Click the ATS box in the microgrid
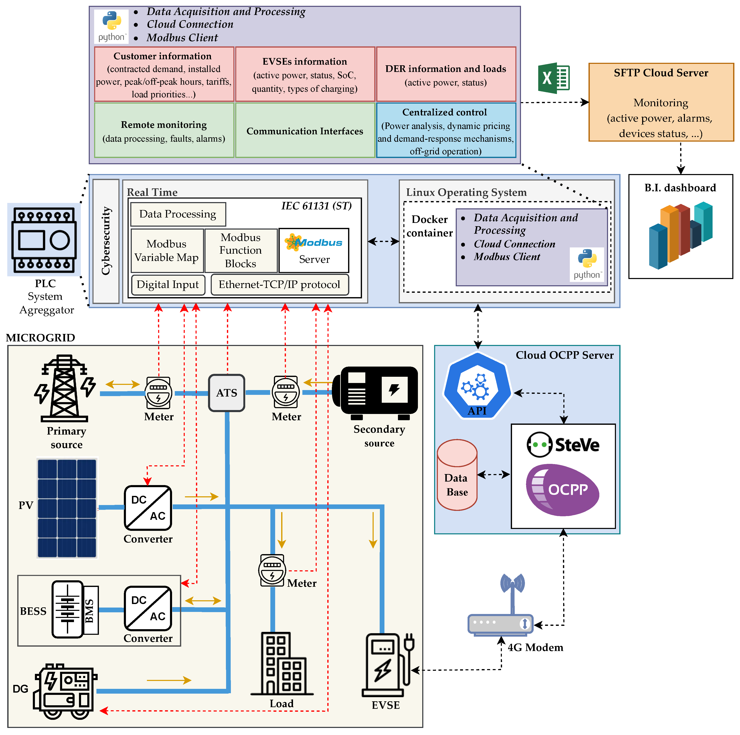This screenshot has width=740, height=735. coord(226,393)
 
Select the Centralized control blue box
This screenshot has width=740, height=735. coord(446,130)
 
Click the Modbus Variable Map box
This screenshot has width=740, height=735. coord(167,251)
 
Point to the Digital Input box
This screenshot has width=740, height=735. coord(168,285)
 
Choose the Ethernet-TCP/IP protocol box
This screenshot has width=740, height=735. coord(280,285)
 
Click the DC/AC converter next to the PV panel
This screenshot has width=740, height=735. coord(148,508)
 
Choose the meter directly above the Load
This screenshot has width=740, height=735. coord(272,570)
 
